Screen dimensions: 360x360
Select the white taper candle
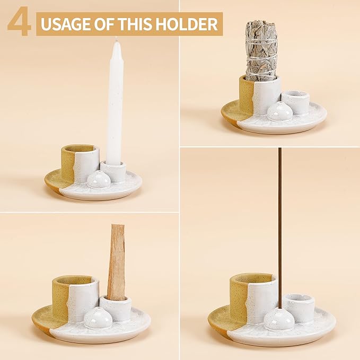tap(115, 101)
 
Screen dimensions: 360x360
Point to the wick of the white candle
tap(116, 39)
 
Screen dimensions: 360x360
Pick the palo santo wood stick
tap(117, 262)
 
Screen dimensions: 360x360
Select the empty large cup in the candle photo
tap(80, 162)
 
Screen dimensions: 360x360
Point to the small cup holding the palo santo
tap(116, 308)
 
